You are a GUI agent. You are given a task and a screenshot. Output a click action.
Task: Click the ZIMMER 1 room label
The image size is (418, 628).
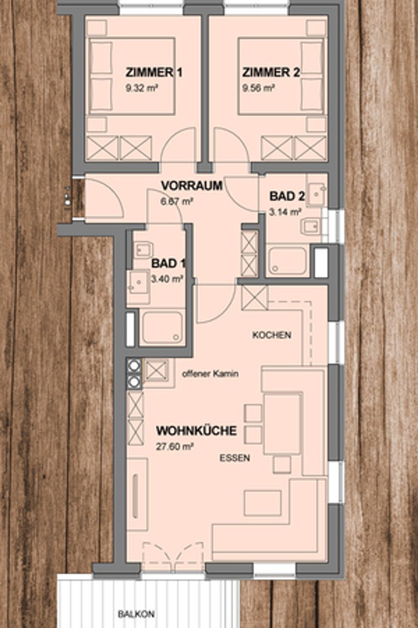[154, 73]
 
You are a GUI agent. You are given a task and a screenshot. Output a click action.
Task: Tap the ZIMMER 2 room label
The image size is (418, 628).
[271, 73]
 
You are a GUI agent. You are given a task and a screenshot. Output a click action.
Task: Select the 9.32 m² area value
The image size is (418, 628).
[141, 88]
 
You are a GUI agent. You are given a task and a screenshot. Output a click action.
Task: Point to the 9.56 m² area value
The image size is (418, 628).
[258, 88]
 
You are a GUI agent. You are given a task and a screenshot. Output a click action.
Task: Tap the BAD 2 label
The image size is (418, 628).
[287, 196]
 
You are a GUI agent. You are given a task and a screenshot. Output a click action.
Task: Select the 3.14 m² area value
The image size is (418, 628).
[285, 212]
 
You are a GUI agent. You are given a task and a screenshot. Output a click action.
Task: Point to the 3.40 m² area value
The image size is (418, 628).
[167, 279]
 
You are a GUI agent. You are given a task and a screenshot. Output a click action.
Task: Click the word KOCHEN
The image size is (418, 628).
[272, 335]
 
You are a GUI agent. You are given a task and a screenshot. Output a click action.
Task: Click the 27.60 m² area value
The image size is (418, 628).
[175, 447]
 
